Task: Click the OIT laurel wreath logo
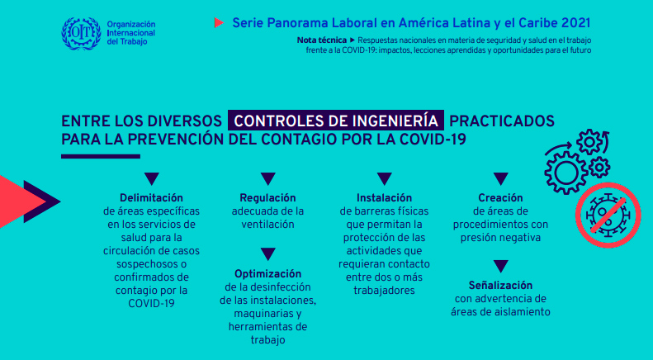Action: (81, 33)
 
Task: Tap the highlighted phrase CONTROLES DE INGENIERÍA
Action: (336, 121)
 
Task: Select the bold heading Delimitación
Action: (152, 197)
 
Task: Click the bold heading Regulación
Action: (267, 197)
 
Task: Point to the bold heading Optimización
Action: (267, 274)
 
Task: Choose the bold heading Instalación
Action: (384, 197)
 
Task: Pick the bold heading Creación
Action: (500, 197)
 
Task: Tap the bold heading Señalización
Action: (500, 286)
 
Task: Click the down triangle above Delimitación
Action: (152, 178)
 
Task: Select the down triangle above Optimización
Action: (267, 253)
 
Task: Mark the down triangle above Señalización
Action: (500, 266)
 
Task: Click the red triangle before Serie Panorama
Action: (219, 22)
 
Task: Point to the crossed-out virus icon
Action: (608, 215)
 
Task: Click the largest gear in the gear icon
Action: (566, 173)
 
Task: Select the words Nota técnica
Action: (321, 40)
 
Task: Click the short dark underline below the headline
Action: (101, 157)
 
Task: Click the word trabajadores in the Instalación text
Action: (384, 291)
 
